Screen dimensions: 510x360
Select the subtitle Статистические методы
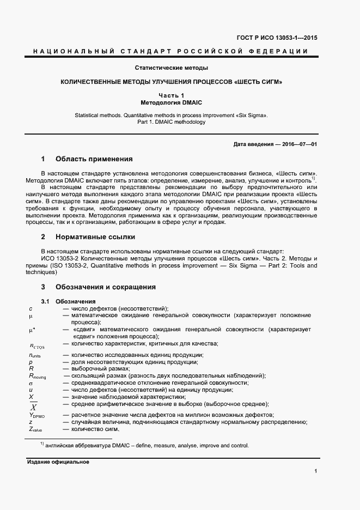(172, 68)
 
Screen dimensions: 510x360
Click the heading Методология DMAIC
(172, 102)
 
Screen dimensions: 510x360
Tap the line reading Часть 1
(172, 95)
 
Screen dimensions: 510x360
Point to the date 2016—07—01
(297, 144)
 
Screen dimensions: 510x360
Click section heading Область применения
(94, 160)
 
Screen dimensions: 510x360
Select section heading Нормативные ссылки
(95, 238)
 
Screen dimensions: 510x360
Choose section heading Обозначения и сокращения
(106, 287)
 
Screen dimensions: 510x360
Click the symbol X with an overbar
(33, 407)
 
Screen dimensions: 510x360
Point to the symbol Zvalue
(35, 429)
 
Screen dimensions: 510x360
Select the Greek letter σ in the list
(31, 382)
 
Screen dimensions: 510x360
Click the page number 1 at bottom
(316, 470)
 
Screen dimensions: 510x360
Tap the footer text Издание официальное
(58, 462)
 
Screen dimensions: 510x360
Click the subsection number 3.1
(45, 302)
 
